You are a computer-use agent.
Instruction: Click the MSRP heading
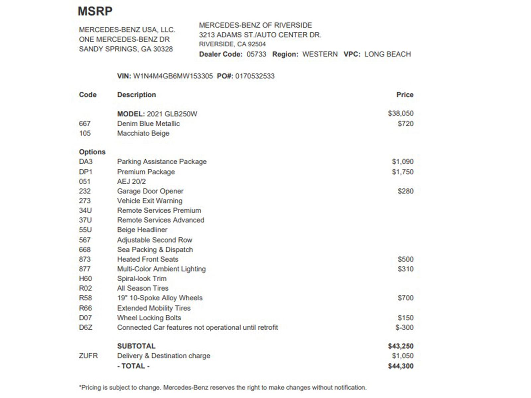pos(95,11)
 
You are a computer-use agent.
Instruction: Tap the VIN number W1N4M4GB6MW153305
pos(173,76)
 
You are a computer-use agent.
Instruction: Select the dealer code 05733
pos(256,54)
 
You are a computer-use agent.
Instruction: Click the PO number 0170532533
pos(255,76)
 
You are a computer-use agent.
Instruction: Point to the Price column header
pos(405,95)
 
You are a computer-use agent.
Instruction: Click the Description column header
pos(136,95)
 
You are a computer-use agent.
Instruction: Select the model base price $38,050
pos(401,113)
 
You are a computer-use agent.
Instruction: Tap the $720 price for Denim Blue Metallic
pos(406,124)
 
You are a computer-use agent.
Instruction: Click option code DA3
pos(86,162)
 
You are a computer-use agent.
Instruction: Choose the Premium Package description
pos(146,172)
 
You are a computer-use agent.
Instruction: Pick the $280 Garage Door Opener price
pos(406,191)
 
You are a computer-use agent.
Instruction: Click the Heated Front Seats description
pos(147,259)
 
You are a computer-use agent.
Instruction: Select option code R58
pos(85,298)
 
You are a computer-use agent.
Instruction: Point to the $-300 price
pos(404,327)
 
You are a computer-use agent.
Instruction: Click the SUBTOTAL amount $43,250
pos(401,346)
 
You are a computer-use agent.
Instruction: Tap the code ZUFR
pos(88,356)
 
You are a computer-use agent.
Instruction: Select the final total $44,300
pos(401,366)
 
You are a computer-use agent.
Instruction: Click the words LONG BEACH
pos(387,54)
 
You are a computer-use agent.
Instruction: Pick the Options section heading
pos(92,152)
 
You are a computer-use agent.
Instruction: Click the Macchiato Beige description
pos(143,133)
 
